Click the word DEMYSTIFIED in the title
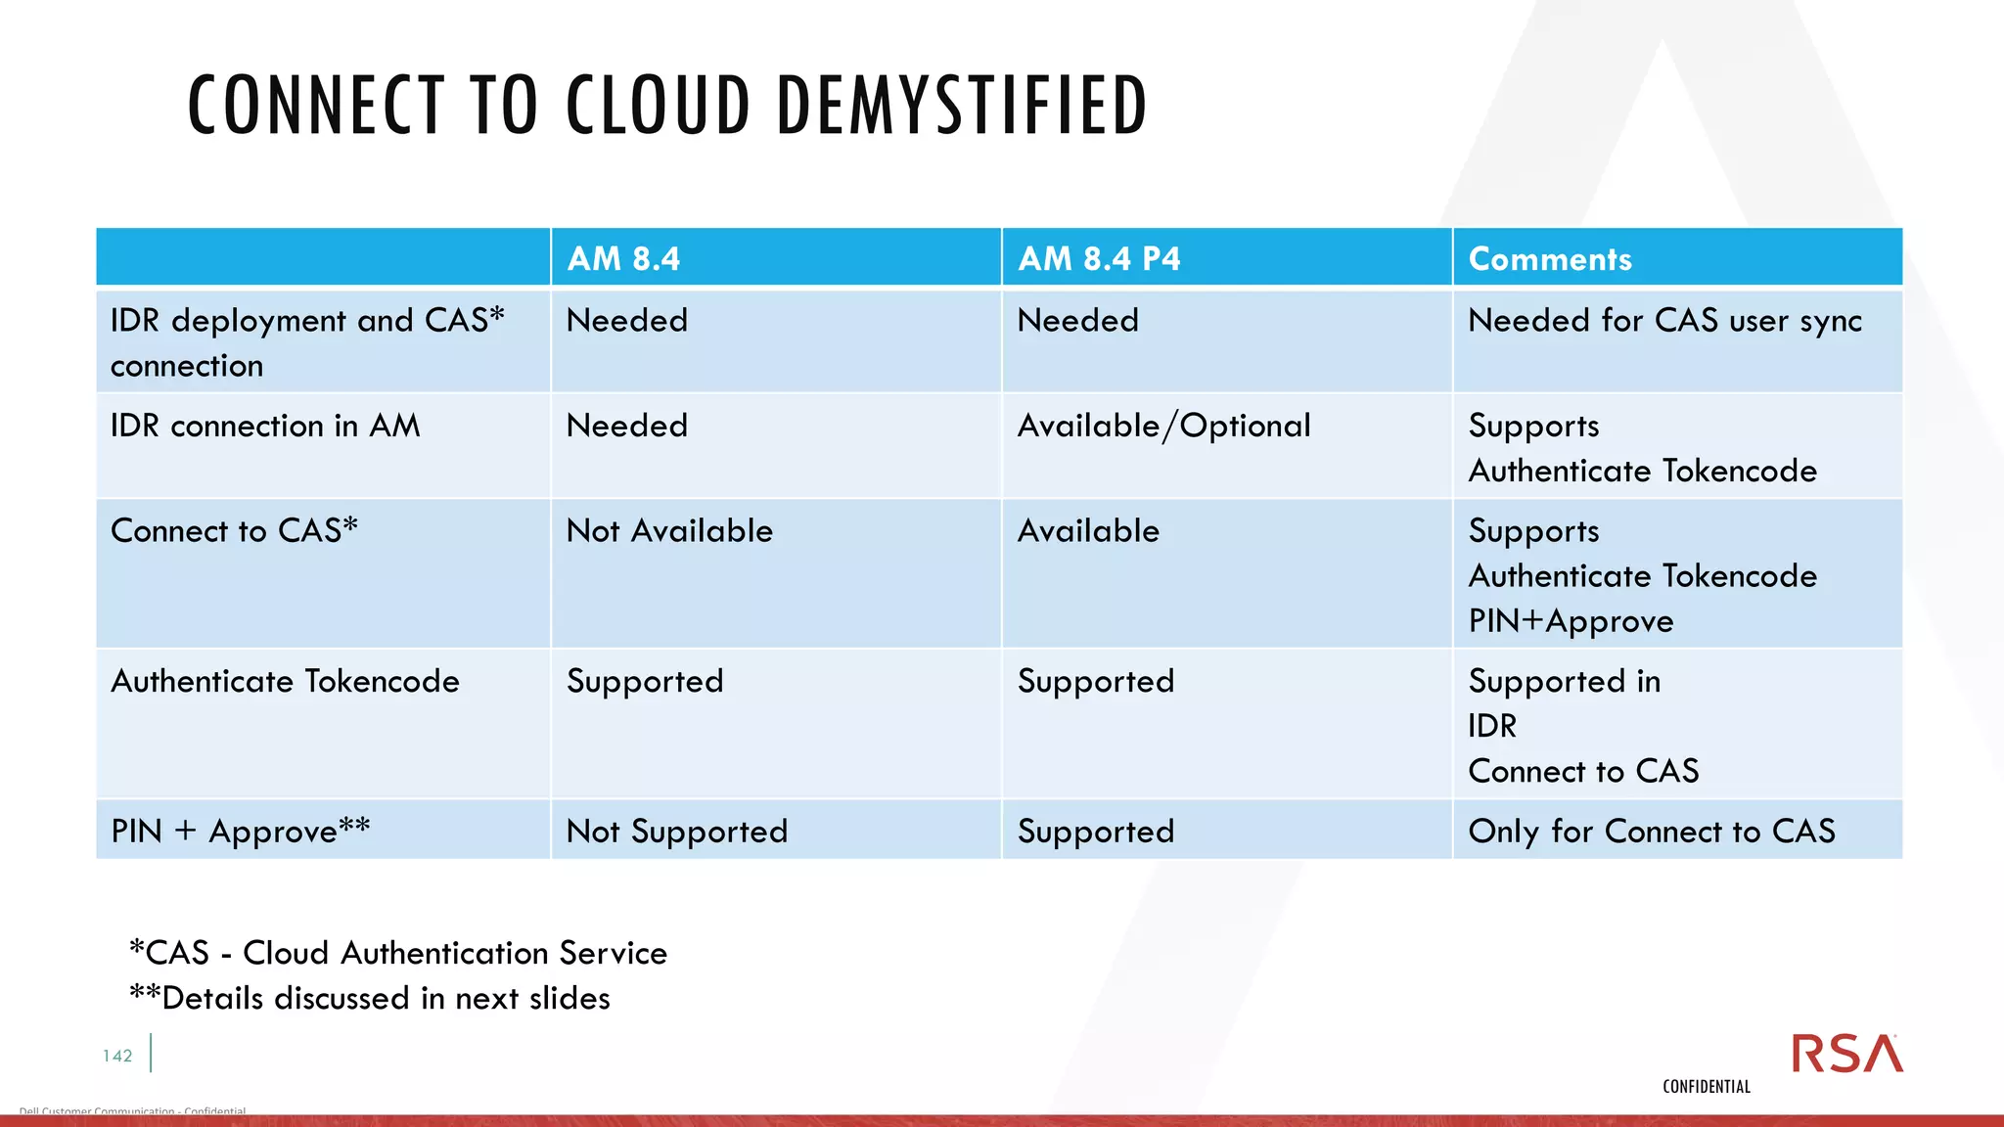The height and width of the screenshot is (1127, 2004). coord(961,106)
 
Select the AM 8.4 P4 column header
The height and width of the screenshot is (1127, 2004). coord(1099,259)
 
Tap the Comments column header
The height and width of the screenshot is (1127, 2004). coord(1550,259)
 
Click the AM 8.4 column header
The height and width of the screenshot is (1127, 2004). coord(623,259)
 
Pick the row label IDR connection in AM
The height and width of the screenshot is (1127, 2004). coord(265,427)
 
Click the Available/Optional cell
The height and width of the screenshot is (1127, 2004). coord(1163,427)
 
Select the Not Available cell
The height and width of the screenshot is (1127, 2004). coord(669,531)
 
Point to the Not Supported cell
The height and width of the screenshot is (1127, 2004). coord(676,832)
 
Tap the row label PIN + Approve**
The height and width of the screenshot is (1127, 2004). coord(241,832)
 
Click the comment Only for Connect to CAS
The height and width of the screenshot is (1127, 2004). coord(1652,832)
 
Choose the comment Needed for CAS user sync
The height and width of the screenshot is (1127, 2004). coord(1664,321)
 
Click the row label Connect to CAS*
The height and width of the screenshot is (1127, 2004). coord(234,531)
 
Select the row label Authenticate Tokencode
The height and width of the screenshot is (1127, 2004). coord(285,682)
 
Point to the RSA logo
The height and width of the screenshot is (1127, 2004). coord(1846,1054)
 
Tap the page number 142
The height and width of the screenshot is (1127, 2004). coord(117,1056)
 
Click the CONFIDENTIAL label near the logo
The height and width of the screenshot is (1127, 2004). coord(1706,1087)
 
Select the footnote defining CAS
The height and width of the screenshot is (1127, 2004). coord(398,953)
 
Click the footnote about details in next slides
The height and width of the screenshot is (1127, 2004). coord(370,999)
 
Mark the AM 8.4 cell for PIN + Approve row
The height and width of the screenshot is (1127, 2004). coord(676,832)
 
